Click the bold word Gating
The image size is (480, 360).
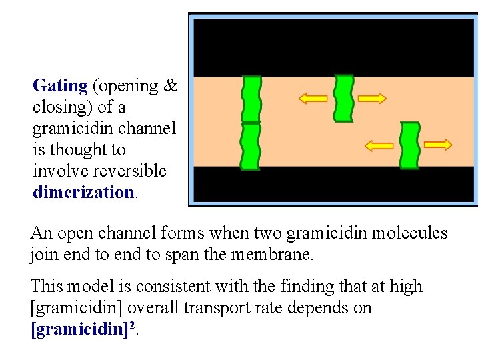pyautogui.click(x=60, y=86)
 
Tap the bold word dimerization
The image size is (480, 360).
pyautogui.click(x=84, y=193)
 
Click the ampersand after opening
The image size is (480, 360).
pyautogui.click(x=171, y=86)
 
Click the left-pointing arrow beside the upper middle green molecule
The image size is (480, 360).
pyautogui.click(x=313, y=99)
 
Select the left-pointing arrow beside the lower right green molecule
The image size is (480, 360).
pyautogui.click(x=379, y=145)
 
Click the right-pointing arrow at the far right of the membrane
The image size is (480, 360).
pyautogui.click(x=438, y=145)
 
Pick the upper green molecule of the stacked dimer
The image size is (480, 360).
pyautogui.click(x=251, y=99)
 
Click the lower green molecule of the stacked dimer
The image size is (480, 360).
pyautogui.click(x=251, y=147)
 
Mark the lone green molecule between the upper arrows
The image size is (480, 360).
pyautogui.click(x=343, y=98)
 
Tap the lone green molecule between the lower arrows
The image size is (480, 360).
pyautogui.click(x=409, y=145)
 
